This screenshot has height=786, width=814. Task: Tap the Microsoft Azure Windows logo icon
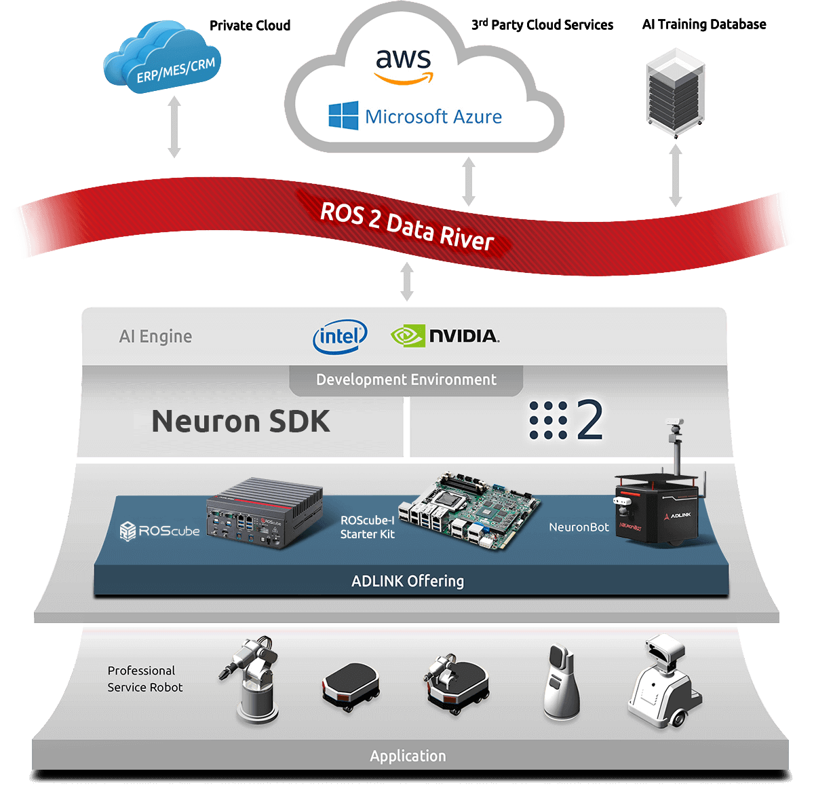click(x=343, y=115)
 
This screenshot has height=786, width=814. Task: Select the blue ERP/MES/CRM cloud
click(x=162, y=56)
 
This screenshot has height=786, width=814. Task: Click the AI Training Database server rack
click(x=675, y=92)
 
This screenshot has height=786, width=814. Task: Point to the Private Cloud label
click(x=250, y=26)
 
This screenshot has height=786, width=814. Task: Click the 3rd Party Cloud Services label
click(x=542, y=24)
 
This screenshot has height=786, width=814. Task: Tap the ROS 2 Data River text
click(x=406, y=227)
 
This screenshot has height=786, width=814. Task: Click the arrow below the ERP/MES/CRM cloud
click(x=174, y=127)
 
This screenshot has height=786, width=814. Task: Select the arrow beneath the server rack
click(x=676, y=175)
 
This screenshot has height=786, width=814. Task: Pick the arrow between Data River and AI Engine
click(x=407, y=281)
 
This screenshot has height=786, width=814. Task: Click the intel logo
click(x=340, y=337)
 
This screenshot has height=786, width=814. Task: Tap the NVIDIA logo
click(x=445, y=336)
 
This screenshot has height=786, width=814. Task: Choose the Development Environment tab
click(x=406, y=380)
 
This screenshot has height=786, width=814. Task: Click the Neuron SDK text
click(x=241, y=421)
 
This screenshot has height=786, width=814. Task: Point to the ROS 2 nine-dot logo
click(x=566, y=419)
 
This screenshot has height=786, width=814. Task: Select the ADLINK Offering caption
click(x=408, y=581)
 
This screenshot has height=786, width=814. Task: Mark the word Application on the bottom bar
click(x=408, y=756)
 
